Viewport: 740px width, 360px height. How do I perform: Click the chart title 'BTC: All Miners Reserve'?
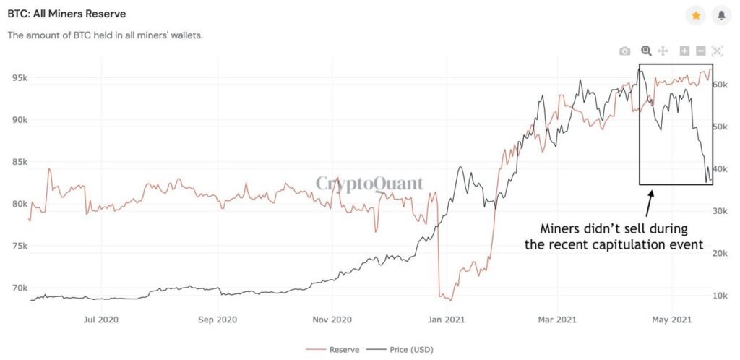click(66, 14)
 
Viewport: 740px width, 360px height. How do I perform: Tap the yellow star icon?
click(695, 14)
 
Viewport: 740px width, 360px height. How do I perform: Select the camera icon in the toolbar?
click(625, 51)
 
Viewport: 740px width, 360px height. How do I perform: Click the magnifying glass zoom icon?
click(646, 51)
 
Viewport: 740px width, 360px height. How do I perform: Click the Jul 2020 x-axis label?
click(101, 319)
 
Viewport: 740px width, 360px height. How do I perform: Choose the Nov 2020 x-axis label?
click(331, 319)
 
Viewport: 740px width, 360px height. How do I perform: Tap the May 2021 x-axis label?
click(672, 319)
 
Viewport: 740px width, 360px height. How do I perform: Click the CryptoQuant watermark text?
click(369, 184)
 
